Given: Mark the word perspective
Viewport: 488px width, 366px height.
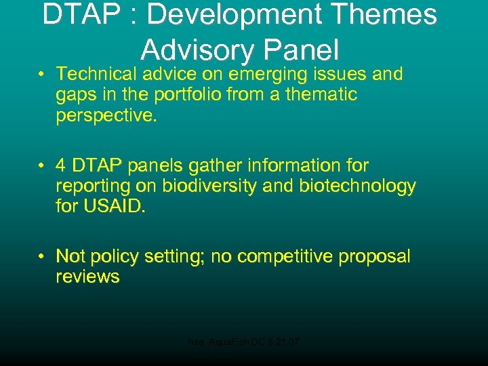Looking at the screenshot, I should [106, 115].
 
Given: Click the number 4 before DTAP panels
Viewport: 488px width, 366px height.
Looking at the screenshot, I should [61, 165].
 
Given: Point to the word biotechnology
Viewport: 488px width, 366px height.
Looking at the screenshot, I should [357, 186].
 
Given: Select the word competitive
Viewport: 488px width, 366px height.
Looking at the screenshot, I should [292, 256].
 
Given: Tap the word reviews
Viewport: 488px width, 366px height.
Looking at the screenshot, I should [87, 277].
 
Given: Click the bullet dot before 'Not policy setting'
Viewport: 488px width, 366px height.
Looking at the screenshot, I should [42, 257].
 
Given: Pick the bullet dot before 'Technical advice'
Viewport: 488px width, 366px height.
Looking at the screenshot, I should [42, 74].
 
